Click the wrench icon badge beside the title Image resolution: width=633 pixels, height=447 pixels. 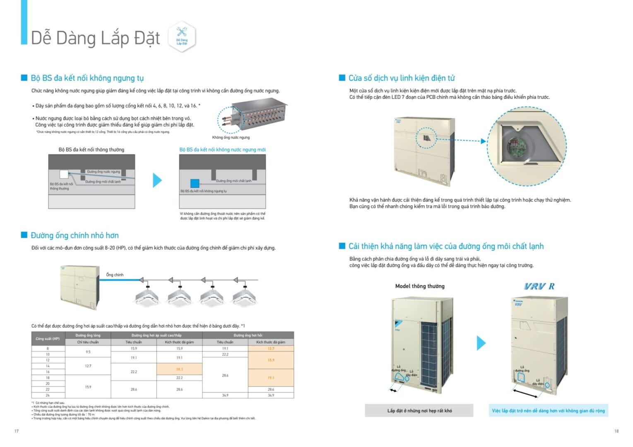click(182, 36)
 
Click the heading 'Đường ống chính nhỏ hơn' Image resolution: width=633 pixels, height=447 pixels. click(75, 236)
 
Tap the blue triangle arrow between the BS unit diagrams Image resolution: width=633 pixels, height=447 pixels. click(157, 180)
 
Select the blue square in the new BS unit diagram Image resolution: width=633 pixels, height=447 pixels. click(195, 183)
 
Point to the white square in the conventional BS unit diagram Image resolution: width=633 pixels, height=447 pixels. click(64, 174)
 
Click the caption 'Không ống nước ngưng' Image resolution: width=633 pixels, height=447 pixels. click(231, 137)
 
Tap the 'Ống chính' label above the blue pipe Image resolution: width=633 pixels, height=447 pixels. click(115, 275)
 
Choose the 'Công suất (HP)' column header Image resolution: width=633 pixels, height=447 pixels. click(48, 339)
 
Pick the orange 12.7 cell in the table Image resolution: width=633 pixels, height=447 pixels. click(271, 348)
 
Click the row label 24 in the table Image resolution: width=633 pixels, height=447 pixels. click(48, 395)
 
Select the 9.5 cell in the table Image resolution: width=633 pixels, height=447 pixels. click(88, 352)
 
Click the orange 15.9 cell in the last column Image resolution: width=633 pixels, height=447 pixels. click(271, 360)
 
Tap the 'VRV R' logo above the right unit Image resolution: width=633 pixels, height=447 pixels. click(539, 286)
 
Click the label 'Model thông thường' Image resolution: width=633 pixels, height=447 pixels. click(420, 286)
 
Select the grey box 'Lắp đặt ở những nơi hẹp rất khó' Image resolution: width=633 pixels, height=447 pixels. click(419, 411)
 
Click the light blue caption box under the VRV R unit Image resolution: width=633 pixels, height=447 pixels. click(548, 411)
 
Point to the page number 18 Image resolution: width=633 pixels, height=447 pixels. click(616, 431)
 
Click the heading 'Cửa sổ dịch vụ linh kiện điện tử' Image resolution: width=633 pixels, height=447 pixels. click(402, 78)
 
